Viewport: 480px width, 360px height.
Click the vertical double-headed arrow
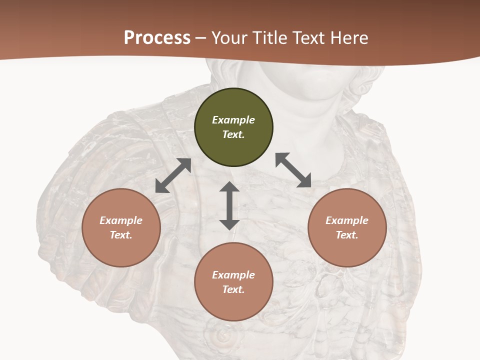229,205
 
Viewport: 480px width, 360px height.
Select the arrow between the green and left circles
173,175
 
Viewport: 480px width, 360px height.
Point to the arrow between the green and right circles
293,170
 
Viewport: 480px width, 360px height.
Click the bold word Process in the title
157,37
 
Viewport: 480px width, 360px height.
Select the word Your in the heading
228,37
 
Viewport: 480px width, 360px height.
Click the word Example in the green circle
233,120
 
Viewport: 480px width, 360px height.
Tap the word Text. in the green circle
233,134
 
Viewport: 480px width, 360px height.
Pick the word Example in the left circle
121,220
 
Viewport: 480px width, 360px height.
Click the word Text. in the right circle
347,235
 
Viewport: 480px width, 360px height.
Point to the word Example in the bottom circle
233,275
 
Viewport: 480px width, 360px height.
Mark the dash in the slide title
201,38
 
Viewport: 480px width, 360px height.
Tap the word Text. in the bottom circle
233,289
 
